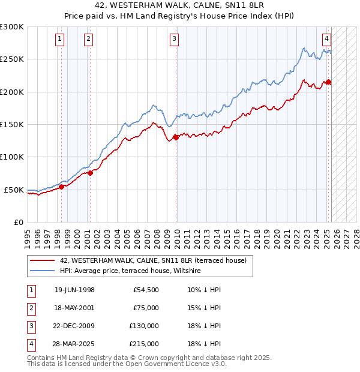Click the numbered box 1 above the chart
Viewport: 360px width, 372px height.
click(61, 40)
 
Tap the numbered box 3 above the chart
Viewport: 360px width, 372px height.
click(174, 40)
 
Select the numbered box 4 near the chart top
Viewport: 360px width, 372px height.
click(326, 40)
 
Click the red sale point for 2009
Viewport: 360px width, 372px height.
click(176, 137)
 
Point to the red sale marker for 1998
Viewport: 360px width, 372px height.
click(61, 187)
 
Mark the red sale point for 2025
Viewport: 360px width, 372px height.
click(328, 82)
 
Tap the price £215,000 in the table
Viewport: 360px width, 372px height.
click(144, 344)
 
